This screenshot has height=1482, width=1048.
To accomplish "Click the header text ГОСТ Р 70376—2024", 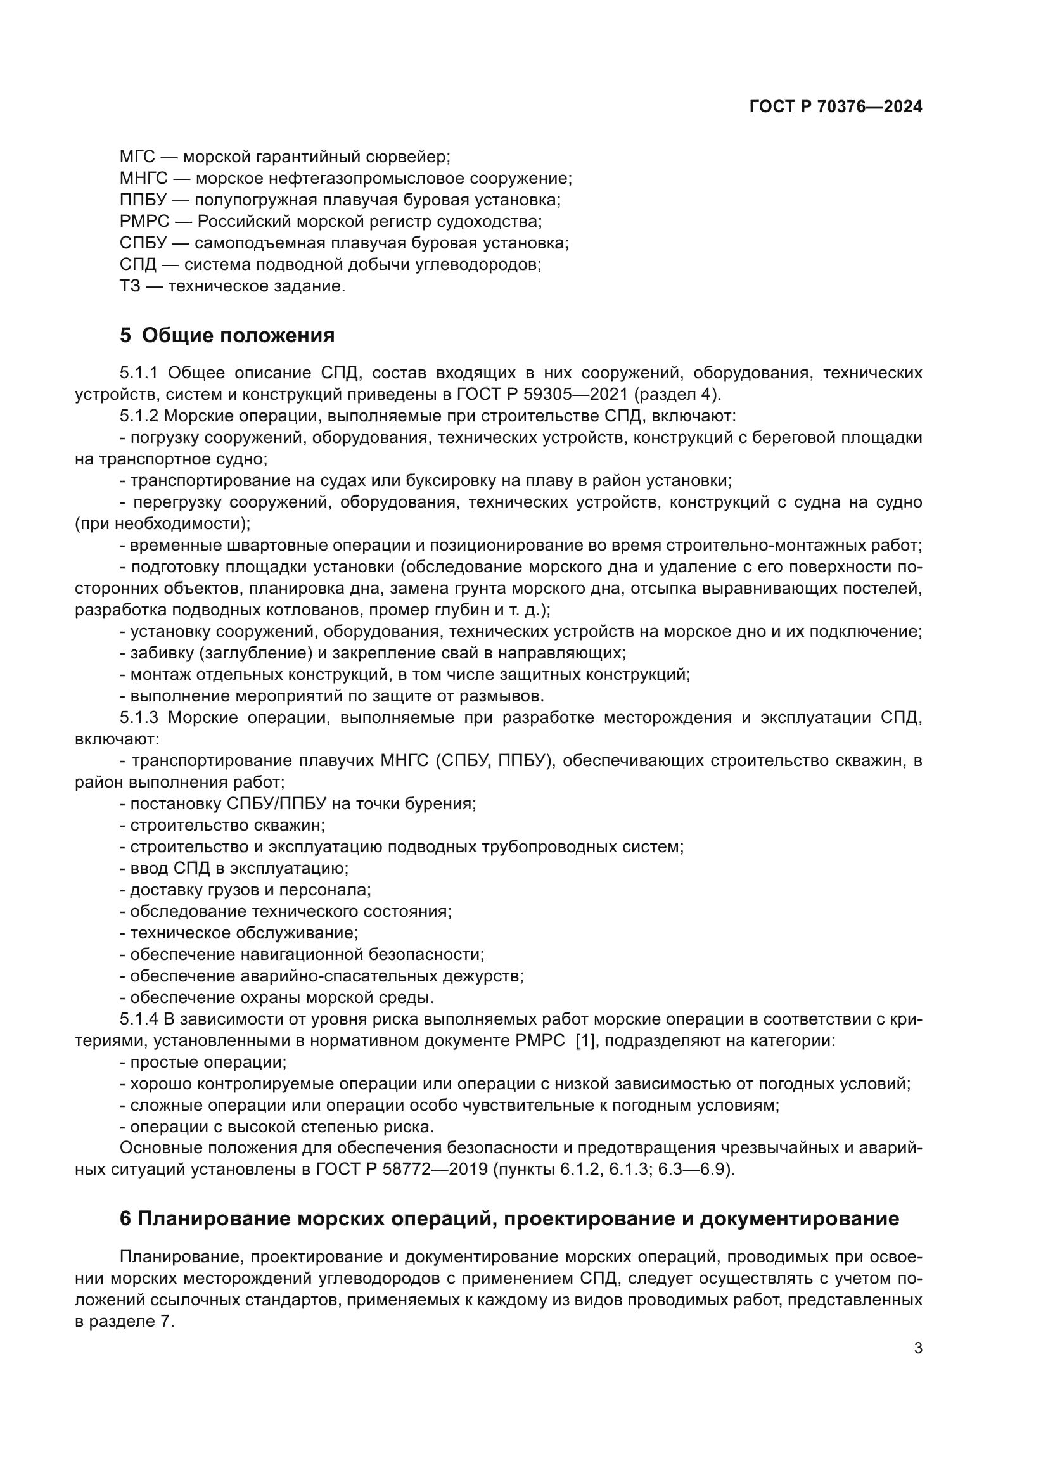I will pos(836,107).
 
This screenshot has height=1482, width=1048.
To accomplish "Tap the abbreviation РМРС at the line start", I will pos(144,221).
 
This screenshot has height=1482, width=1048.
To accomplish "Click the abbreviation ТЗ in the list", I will pos(130,286).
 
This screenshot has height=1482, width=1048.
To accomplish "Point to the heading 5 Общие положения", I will pos(227,336).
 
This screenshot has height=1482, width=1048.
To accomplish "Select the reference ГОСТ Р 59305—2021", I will pos(542,394).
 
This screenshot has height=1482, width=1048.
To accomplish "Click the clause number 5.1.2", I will pos(138,416).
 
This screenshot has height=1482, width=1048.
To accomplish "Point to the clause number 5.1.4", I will pos(138,1019).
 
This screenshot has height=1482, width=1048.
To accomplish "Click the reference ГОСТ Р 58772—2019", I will pos(401,1170).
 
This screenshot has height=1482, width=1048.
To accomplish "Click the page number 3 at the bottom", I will pos(917,1348).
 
